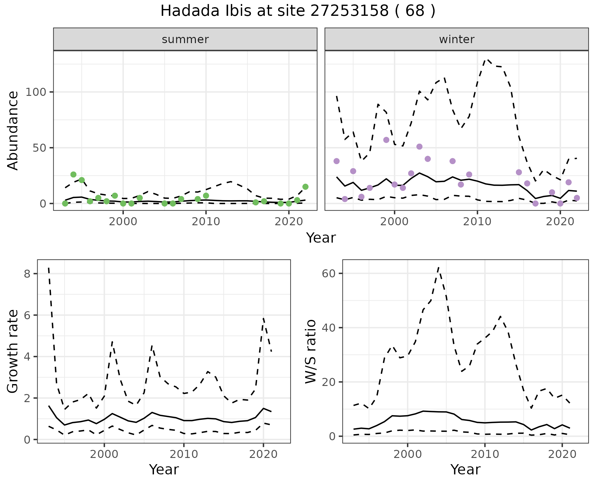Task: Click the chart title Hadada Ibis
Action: (x=298, y=11)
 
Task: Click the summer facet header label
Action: (x=185, y=39)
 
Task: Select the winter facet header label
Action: (x=457, y=39)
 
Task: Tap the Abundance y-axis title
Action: (x=13, y=131)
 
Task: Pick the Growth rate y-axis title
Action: (x=13, y=351)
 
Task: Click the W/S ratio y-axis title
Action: (x=311, y=351)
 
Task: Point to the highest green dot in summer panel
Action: (x=73, y=174)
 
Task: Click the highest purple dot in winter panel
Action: (x=386, y=140)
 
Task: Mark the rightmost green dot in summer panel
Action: (x=305, y=187)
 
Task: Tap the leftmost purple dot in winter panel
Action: (x=336, y=161)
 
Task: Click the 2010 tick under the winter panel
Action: (x=477, y=222)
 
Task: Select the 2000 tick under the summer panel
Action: (x=123, y=222)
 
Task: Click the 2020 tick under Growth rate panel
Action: (x=263, y=455)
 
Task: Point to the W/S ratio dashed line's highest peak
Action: (x=438, y=267)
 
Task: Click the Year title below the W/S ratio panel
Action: (x=465, y=469)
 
